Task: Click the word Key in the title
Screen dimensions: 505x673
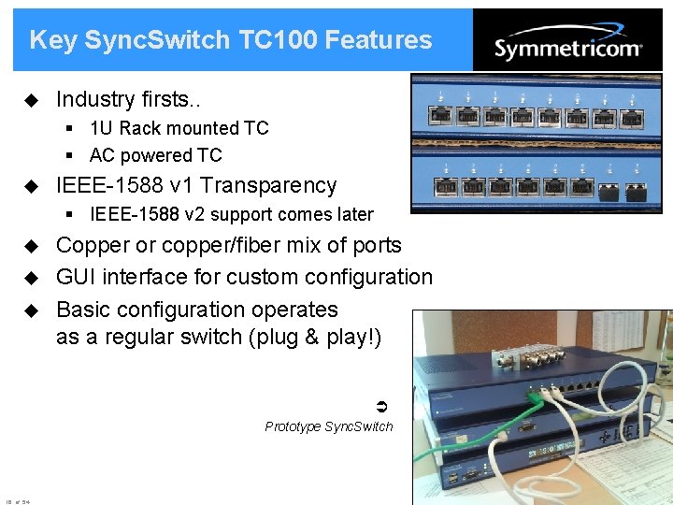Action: pyautogui.click(x=52, y=40)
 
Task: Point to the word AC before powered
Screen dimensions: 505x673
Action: pyautogui.click(x=102, y=155)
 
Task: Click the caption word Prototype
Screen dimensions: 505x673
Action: pyautogui.click(x=293, y=426)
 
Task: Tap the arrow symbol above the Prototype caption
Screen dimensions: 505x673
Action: pyautogui.click(x=380, y=406)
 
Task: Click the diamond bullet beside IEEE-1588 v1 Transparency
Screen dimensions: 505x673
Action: pyautogui.click(x=29, y=185)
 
